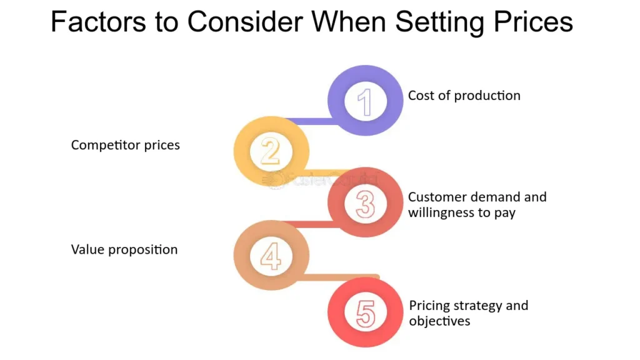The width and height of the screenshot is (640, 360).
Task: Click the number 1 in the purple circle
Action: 365,102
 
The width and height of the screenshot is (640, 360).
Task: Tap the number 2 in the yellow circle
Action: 271,151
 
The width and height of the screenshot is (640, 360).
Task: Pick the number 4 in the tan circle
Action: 271,256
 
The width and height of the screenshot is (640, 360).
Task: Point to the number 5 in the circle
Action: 365,314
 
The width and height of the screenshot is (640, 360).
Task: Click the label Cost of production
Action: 464,96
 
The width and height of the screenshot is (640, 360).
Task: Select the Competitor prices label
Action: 125,145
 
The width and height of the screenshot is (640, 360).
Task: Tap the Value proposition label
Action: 124,249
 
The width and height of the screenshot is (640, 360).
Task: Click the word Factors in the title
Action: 98,22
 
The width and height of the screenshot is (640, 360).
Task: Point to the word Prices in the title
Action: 533,22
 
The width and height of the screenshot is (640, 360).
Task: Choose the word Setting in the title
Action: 439,22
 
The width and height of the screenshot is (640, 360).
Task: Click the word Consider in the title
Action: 245,22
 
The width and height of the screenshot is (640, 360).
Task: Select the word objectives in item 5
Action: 439,321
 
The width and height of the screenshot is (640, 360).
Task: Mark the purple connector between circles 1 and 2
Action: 312,121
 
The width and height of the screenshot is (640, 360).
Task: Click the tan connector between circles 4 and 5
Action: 341,277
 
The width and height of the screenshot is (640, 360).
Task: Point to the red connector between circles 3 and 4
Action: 312,224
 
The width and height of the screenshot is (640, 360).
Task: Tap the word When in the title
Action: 349,22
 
